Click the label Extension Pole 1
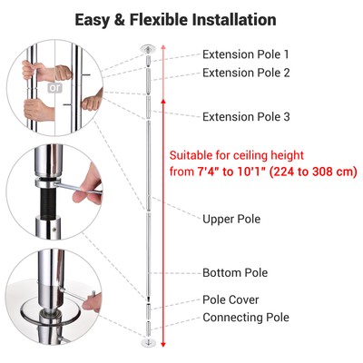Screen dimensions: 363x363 (x=247, y=54)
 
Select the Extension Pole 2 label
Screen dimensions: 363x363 (x=247, y=73)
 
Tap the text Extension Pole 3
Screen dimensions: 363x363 (x=247, y=117)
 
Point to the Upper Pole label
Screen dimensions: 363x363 (x=232, y=219)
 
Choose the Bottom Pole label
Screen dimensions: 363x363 (x=235, y=272)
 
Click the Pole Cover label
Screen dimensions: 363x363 (x=231, y=299)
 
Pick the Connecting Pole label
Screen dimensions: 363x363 (x=246, y=317)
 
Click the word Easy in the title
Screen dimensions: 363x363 (x=95, y=19)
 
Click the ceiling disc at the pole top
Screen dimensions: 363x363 (x=148, y=46)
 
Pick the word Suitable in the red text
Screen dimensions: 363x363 (x=196, y=154)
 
